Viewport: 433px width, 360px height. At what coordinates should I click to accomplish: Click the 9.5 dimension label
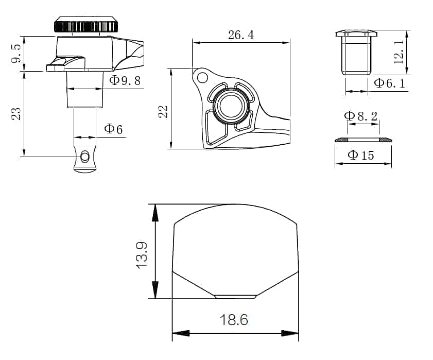[16, 54]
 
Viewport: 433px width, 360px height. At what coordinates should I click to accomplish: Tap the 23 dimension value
[16, 113]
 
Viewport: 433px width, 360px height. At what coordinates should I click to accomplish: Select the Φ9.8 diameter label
[125, 80]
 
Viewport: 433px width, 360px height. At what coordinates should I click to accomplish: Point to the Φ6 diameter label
[113, 129]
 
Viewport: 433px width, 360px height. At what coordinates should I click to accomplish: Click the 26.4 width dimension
[241, 35]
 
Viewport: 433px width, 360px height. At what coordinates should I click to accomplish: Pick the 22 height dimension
[163, 112]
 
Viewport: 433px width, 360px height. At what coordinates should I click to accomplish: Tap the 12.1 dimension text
[399, 52]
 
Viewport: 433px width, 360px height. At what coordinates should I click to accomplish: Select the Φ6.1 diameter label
[389, 83]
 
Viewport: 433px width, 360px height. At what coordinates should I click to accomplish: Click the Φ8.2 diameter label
[361, 116]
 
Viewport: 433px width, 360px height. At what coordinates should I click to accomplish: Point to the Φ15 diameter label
[361, 155]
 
